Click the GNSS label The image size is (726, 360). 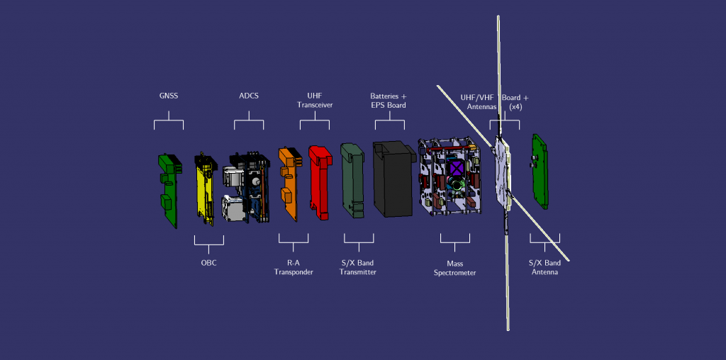(x=168, y=96)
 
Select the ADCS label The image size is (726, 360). (x=249, y=96)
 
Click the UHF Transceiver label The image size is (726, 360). (x=314, y=100)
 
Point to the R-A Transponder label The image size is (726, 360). (x=294, y=267)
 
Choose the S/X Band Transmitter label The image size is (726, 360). (x=358, y=267)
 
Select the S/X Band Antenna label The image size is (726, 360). (x=544, y=267)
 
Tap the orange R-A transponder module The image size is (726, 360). (x=289, y=184)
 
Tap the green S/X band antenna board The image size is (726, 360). (x=541, y=171)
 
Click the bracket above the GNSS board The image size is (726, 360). (x=169, y=124)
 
